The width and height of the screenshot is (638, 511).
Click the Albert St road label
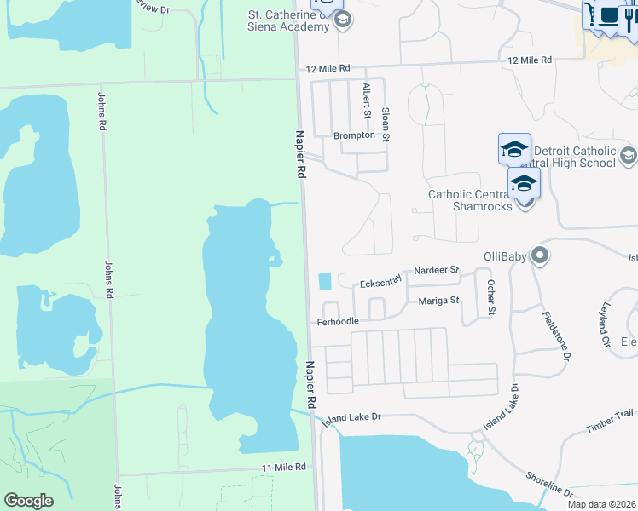pos(367,100)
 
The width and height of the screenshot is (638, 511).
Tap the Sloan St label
pos(386,123)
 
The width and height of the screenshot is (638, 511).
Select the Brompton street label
pos(354,135)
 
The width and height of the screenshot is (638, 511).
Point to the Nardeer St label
pos(437,271)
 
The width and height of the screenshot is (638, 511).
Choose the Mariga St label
pos(439,301)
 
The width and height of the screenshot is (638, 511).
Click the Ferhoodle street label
pos(338,322)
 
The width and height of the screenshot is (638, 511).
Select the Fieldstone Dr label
pos(554,336)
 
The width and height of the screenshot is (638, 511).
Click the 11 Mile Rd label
pos(283,468)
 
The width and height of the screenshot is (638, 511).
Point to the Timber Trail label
pos(611,412)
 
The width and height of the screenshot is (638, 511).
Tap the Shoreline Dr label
pos(550,482)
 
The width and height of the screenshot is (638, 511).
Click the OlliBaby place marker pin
pos(539,255)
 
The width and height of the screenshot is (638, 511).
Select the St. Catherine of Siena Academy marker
pos(343,20)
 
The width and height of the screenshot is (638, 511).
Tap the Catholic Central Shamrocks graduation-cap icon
pos(524,183)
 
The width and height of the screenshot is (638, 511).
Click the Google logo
pos(28,501)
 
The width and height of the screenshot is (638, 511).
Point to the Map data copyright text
pos(601,504)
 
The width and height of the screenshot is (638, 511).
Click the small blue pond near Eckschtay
pos(325,281)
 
